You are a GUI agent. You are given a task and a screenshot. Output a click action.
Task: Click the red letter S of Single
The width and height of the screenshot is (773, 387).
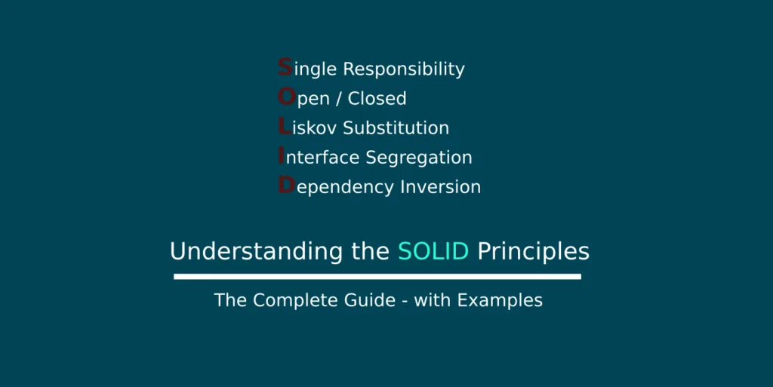[x=285, y=67]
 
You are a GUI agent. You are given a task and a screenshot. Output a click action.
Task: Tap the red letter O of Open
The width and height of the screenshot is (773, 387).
[x=286, y=97]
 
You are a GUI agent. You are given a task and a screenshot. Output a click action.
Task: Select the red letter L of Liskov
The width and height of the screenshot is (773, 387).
[x=284, y=126]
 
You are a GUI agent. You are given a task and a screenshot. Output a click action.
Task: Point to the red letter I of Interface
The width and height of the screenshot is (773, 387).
[x=281, y=155]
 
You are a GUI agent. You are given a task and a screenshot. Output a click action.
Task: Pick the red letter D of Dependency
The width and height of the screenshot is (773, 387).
[x=286, y=185]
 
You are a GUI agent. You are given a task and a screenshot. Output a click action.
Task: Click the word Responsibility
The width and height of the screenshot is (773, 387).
[x=404, y=69]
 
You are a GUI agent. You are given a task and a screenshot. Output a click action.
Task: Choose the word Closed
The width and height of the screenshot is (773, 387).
[x=377, y=98]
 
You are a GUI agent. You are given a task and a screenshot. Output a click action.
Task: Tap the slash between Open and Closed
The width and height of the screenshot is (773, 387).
[x=339, y=99]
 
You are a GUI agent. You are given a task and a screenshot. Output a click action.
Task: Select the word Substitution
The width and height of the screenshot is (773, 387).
[x=396, y=127]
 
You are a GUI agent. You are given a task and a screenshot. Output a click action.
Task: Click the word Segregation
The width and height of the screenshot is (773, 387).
[x=419, y=158]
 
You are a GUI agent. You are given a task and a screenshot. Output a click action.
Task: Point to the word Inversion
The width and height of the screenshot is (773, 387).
[x=440, y=186]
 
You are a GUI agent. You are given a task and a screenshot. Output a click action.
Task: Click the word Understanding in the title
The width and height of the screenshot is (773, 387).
[x=256, y=252]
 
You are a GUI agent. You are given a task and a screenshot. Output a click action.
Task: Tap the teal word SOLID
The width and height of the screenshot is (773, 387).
[x=433, y=251]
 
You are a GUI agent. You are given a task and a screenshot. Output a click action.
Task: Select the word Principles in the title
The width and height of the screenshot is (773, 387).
[x=534, y=252]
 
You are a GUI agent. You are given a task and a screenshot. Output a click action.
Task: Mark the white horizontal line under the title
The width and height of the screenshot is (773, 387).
[x=377, y=277]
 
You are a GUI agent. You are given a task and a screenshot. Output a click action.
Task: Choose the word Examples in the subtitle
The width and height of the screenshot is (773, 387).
[x=500, y=300]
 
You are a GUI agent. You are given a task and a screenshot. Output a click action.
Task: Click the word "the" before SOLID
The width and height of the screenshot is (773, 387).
[x=370, y=251]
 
